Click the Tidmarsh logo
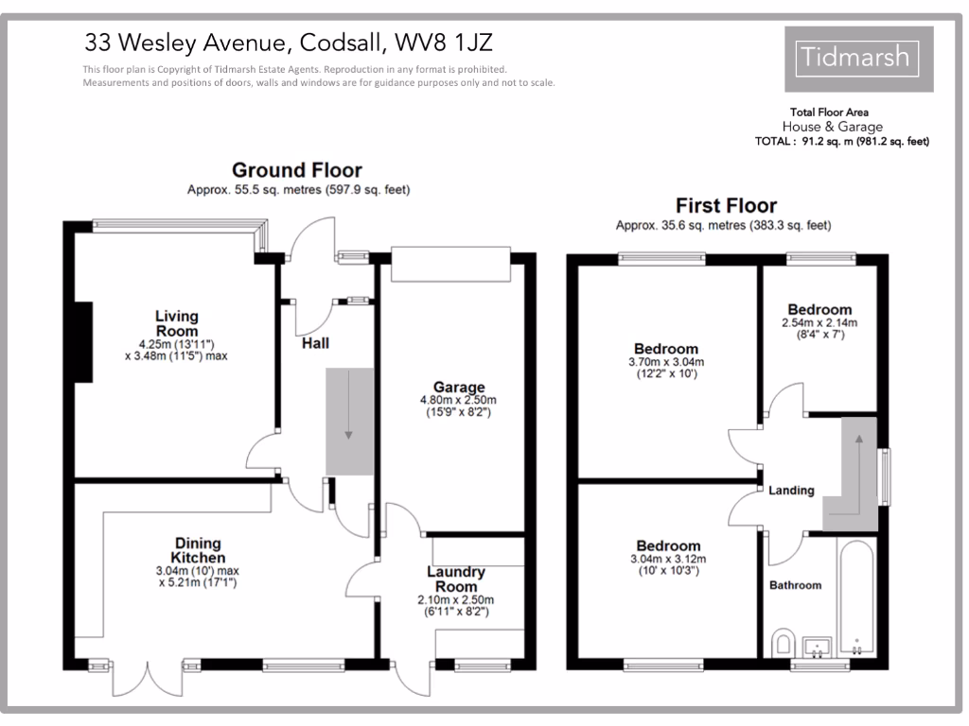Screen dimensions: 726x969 click(859, 59)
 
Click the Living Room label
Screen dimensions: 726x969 click(177, 323)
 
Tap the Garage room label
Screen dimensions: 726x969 click(459, 387)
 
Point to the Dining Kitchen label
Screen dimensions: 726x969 click(196, 550)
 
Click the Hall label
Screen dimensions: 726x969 click(315, 343)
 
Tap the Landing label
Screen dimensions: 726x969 click(791, 491)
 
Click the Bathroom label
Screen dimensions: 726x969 click(795, 585)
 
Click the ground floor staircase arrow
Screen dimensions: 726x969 click(349, 406)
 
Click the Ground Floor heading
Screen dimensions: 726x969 click(297, 170)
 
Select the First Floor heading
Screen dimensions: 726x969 click(726, 205)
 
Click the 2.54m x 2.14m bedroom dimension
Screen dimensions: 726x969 click(819, 323)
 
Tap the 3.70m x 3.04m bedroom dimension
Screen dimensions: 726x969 click(666, 362)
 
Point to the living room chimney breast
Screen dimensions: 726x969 click(85, 341)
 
